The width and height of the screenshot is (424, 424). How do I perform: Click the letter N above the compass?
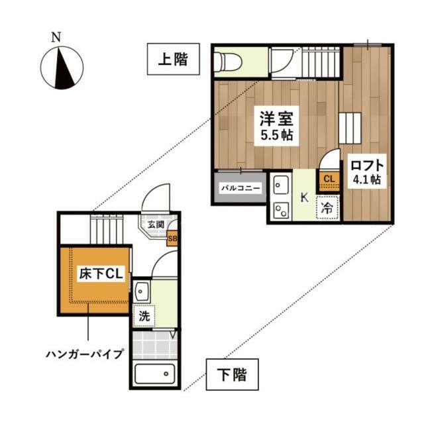coord(58,37)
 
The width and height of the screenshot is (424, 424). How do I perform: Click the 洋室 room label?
coord(276,120)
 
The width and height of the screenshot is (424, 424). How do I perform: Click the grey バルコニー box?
coord(240,188)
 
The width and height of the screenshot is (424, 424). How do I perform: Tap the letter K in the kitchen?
coord(304,197)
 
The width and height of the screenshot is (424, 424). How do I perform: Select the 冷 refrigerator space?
coord(327,207)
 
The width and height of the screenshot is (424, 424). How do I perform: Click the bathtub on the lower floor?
coord(154,374)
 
